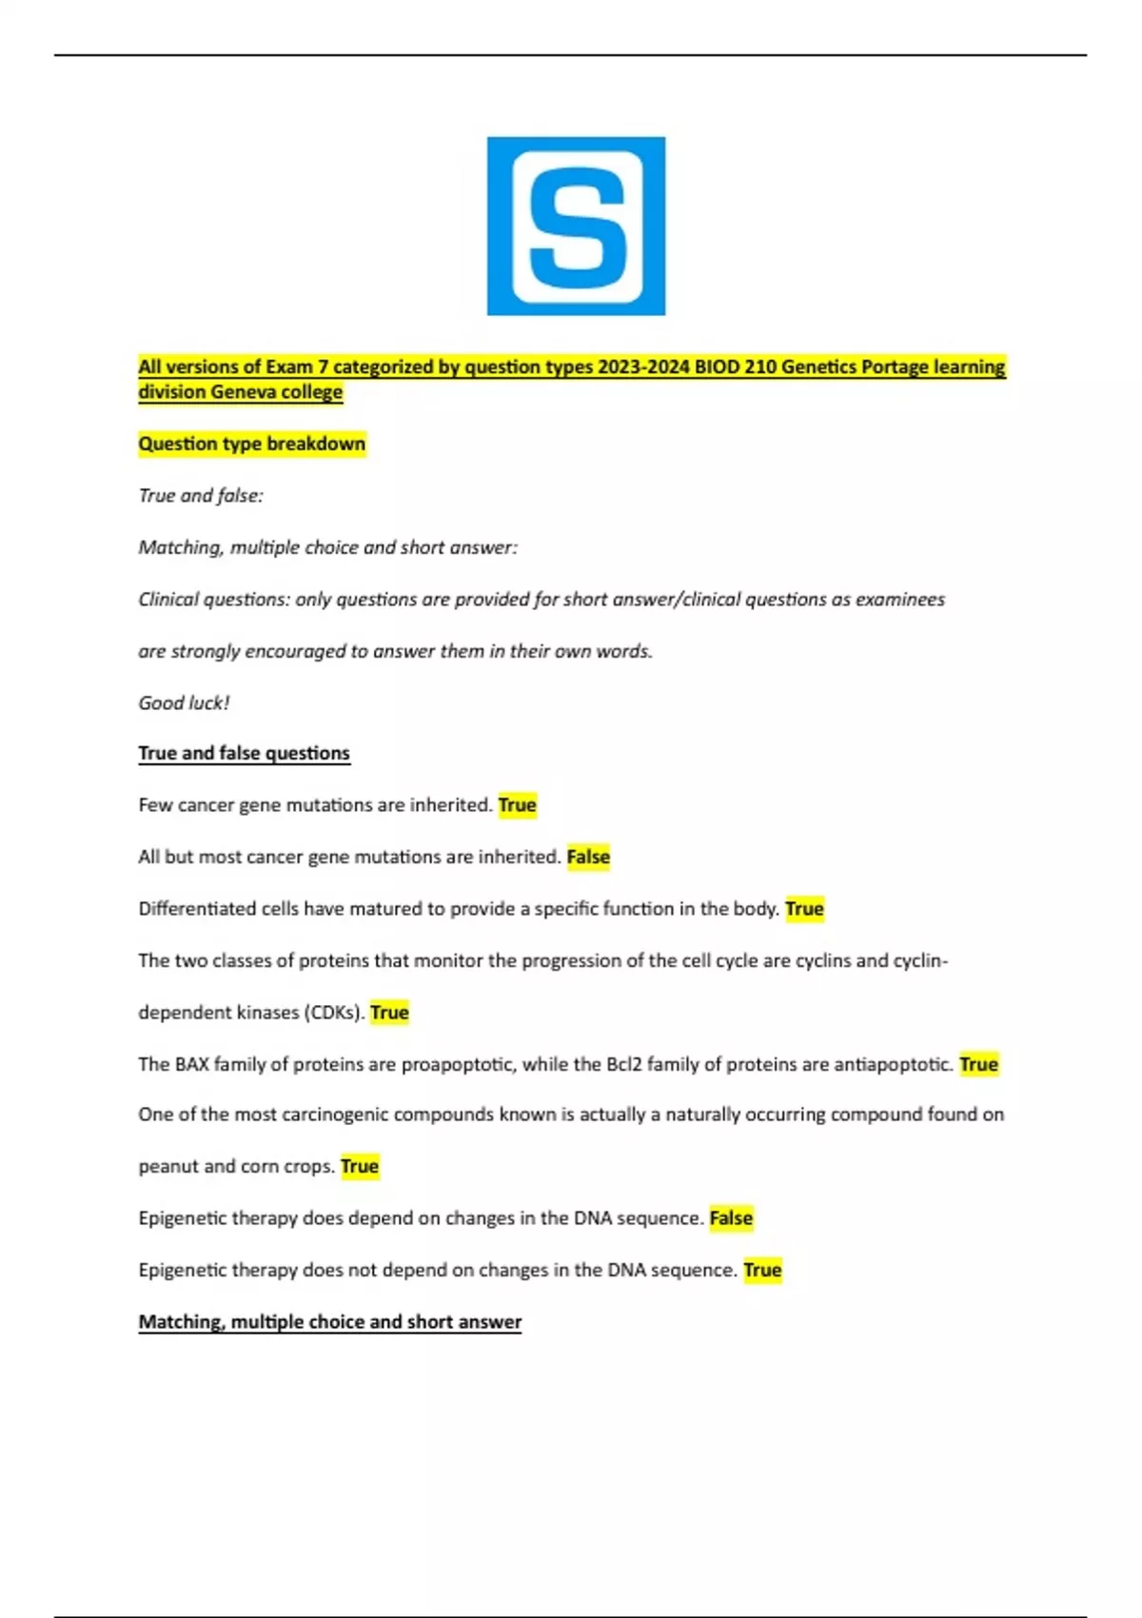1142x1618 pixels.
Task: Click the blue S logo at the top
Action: (576, 226)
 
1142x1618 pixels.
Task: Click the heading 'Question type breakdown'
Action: (252, 444)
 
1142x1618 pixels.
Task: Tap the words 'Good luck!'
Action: (184, 703)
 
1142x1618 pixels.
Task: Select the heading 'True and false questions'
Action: (244, 753)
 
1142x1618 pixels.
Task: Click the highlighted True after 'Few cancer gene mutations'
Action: (517, 805)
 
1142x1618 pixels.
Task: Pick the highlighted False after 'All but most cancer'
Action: (588, 857)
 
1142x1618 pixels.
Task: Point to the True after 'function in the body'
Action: (804, 909)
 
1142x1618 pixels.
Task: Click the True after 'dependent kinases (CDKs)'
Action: (389, 1013)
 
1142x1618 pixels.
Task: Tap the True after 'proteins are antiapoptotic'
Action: (978, 1064)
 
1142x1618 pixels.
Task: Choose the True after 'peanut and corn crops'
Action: (360, 1166)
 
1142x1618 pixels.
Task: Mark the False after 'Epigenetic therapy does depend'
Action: (731, 1218)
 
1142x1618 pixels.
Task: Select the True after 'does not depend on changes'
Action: (762, 1270)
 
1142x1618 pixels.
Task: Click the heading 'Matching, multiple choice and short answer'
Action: (330, 1322)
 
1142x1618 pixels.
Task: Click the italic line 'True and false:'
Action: (201, 496)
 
